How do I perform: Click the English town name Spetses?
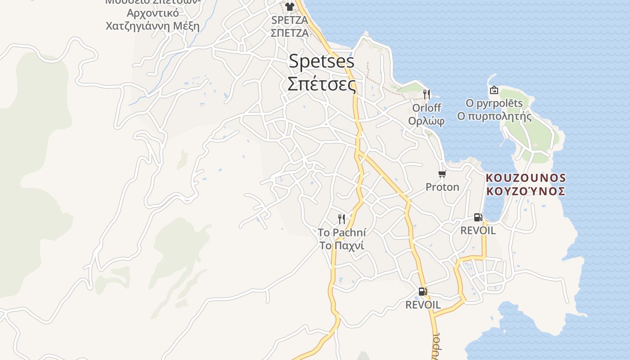[x=321, y=61]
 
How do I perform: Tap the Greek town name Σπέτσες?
[x=321, y=84]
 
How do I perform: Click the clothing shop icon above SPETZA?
[x=290, y=7]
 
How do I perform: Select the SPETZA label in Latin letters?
[x=290, y=20]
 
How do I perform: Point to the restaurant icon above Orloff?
[x=427, y=94]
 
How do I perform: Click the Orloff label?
[x=427, y=108]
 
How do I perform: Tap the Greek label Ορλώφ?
[x=427, y=121]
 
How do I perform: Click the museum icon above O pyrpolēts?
[x=494, y=90]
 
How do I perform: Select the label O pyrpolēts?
[x=494, y=103]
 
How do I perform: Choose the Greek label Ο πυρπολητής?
[x=494, y=117]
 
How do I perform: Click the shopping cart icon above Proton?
[x=442, y=174]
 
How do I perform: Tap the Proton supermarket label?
[x=442, y=187]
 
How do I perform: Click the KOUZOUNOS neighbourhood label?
[x=526, y=178]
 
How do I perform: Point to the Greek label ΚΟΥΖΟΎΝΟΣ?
[x=526, y=191]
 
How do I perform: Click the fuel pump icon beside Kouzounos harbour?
[x=478, y=217]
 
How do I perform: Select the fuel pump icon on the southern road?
[x=423, y=292]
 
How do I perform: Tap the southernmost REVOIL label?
[x=423, y=305]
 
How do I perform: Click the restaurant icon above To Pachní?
[x=342, y=219]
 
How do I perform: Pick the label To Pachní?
[x=342, y=233]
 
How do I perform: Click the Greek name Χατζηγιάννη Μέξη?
[x=152, y=25]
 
